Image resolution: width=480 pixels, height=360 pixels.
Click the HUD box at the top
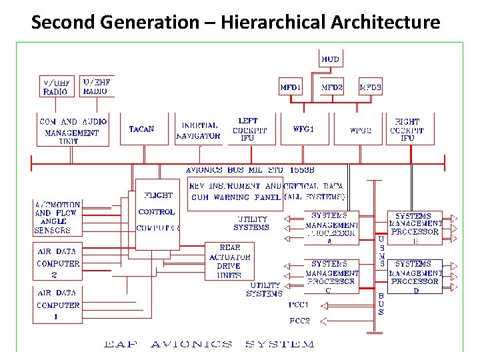coord(330,59)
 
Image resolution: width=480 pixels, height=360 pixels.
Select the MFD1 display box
coord(290,87)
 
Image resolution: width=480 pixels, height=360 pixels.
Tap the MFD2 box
coord(332,87)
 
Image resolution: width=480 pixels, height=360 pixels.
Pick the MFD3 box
coord(371,87)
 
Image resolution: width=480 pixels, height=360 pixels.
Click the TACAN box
coord(141,129)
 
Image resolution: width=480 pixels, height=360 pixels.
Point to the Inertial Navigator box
coord(199,130)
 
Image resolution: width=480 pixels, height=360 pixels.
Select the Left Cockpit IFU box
coord(248,129)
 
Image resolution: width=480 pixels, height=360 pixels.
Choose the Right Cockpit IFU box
coord(407,129)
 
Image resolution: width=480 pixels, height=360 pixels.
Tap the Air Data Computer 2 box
coord(57,263)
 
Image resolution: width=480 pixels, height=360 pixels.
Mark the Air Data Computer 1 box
coord(57,305)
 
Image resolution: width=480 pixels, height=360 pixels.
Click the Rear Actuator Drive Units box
coord(229,261)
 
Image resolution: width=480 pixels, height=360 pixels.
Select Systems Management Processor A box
coord(331,228)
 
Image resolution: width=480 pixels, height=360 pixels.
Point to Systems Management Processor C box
coord(331,277)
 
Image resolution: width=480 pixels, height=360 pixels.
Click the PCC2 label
coord(299,321)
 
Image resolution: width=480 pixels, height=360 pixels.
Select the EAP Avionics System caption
coord(208,344)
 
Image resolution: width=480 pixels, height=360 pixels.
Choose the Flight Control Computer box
coord(157,212)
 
